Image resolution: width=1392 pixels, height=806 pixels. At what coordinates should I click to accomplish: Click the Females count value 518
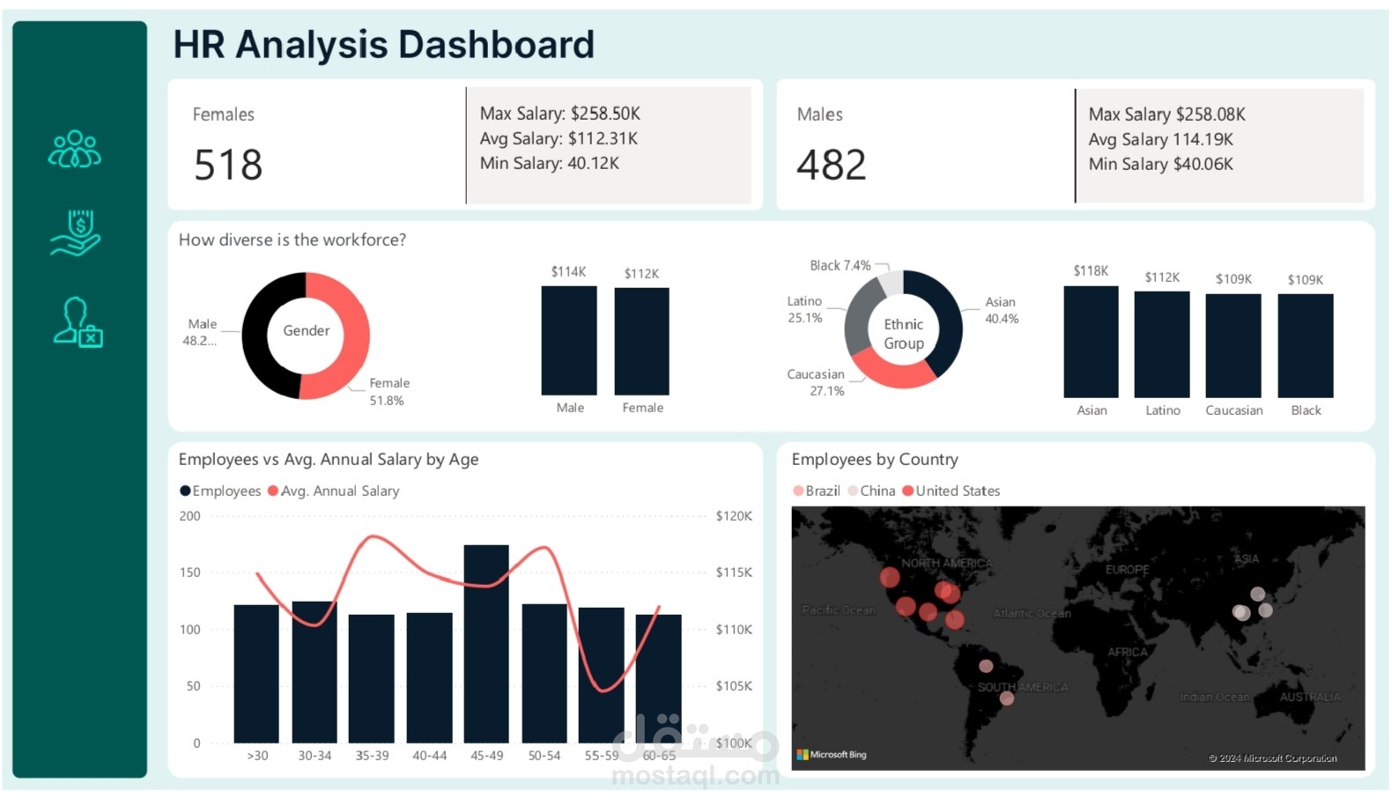pyautogui.click(x=228, y=165)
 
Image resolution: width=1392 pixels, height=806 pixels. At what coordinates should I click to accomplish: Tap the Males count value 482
pyautogui.click(x=831, y=165)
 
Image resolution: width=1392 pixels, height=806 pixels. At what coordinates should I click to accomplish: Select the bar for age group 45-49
pyautogui.click(x=486, y=643)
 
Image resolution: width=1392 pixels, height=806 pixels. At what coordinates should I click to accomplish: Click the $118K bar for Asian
pyautogui.click(x=1091, y=342)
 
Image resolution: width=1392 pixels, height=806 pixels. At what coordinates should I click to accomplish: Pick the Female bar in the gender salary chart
pyautogui.click(x=641, y=342)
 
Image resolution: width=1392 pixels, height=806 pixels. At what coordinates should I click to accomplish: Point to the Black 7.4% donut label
pyautogui.click(x=840, y=265)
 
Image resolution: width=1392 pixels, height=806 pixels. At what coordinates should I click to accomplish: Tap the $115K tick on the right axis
pyautogui.click(x=733, y=573)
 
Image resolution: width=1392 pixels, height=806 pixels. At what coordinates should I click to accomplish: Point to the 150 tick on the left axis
pyautogui.click(x=189, y=573)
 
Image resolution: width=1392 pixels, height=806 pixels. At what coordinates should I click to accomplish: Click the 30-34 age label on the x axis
pyautogui.click(x=315, y=756)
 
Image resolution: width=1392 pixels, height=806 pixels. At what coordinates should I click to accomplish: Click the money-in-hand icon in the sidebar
pyautogui.click(x=77, y=233)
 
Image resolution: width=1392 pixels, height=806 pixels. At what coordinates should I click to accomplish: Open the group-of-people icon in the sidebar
pyautogui.click(x=75, y=149)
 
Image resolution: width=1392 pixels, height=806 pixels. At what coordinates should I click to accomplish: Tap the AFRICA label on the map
pyautogui.click(x=1127, y=652)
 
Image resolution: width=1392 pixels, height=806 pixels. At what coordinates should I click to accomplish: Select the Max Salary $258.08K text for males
pyautogui.click(x=1166, y=115)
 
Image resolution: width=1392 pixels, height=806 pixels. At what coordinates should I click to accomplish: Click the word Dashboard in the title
pyautogui.click(x=496, y=44)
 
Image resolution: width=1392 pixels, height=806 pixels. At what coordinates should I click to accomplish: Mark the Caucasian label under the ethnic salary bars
pyautogui.click(x=1233, y=410)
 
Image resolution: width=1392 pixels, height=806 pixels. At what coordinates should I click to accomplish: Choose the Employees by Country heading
pyautogui.click(x=874, y=459)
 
